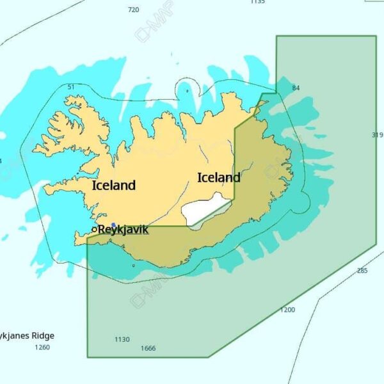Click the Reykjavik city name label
pyautogui.click(x=124, y=229)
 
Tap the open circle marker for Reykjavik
pyautogui.click(x=94, y=229)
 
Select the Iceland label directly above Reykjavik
pyautogui.click(x=114, y=186)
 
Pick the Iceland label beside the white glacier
pyautogui.click(x=219, y=177)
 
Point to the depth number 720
pyautogui.click(x=133, y=10)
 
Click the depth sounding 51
pyautogui.click(x=71, y=87)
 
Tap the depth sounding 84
pyautogui.click(x=296, y=88)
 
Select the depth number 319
pyautogui.click(x=377, y=135)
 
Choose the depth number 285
pyautogui.click(x=362, y=271)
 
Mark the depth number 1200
pyautogui.click(x=288, y=310)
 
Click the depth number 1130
pyautogui.click(x=122, y=339)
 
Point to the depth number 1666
pyautogui.click(x=148, y=349)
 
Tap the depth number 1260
pyautogui.click(x=42, y=348)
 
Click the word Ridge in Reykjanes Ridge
pyautogui.click(x=42, y=335)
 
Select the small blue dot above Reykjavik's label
pyautogui.click(x=114, y=225)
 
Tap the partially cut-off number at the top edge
pyautogui.click(x=257, y=2)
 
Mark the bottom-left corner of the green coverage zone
pyautogui.click(x=88, y=356)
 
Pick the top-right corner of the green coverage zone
pyautogui.click(x=376, y=36)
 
